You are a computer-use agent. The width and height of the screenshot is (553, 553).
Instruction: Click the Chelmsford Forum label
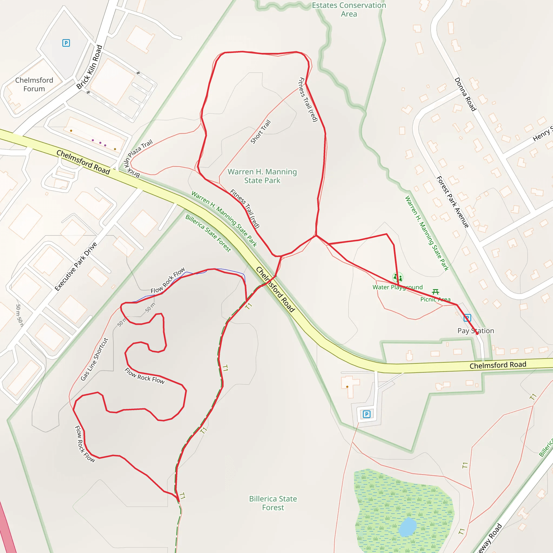34,85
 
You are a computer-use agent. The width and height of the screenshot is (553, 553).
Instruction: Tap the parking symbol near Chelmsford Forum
66,43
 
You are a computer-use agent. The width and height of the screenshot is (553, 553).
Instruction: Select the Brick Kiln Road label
90,67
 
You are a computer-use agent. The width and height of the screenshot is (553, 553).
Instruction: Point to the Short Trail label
261,132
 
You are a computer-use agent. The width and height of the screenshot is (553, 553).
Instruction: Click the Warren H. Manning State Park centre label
262,176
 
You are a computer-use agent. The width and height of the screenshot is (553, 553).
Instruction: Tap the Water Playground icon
397,277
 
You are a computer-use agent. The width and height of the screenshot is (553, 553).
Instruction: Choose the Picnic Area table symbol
435,292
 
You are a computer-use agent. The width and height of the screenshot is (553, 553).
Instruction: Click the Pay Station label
476,331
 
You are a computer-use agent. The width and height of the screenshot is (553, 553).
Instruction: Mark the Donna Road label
466,94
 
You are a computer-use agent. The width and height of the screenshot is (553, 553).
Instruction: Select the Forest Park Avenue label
453,202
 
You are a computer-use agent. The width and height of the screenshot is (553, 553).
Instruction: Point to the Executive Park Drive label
76,267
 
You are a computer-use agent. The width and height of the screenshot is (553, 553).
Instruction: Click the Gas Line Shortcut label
95,359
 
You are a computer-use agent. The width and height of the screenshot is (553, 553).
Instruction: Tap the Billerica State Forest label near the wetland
273,503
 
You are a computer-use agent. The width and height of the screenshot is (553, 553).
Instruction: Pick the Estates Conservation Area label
349,9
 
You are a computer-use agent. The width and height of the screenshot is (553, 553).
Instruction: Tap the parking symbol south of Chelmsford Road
367,414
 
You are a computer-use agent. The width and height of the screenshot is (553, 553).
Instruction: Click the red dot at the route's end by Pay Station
477,333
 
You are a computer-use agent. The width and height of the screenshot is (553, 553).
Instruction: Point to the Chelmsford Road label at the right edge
498,365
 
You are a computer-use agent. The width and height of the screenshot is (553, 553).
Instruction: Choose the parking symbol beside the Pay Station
467,318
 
